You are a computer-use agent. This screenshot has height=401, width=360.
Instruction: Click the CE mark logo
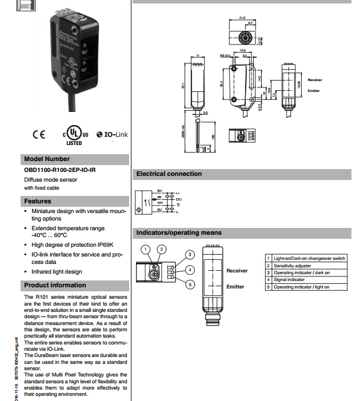(39, 135)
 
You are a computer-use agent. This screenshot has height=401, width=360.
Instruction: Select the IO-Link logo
(113, 134)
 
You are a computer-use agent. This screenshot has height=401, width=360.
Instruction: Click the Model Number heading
(47, 159)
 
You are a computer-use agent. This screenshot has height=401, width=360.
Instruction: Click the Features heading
(38, 201)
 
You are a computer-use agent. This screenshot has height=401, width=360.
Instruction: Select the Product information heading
(55, 285)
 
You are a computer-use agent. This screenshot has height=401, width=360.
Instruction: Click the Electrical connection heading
(169, 174)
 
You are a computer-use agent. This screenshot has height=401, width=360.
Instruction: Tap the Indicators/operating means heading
(178, 232)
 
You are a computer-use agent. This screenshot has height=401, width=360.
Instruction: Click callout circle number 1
(147, 249)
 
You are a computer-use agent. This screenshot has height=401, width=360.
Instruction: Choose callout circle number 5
(190, 284)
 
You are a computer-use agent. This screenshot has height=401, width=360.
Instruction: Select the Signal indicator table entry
(289, 280)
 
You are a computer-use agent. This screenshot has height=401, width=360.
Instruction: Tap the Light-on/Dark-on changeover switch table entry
(309, 259)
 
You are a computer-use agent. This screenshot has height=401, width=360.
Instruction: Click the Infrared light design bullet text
(57, 271)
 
